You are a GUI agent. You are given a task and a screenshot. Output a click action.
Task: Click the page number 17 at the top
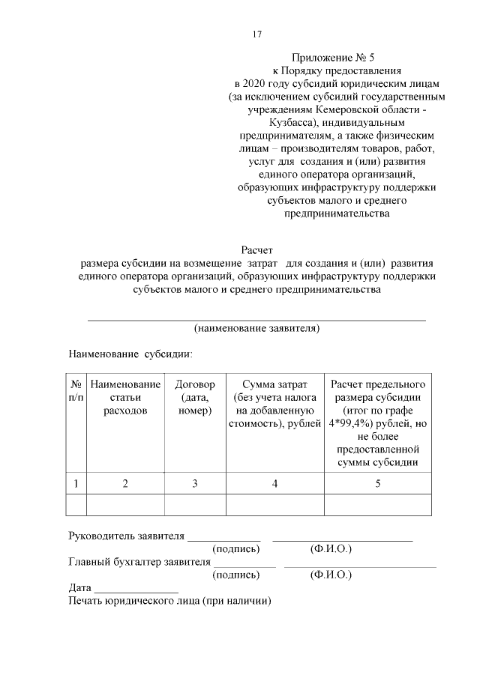tap(256, 34)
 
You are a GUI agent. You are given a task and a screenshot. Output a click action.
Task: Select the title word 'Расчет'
tap(257, 249)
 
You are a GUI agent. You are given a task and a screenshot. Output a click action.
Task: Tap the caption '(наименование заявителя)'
tap(257, 328)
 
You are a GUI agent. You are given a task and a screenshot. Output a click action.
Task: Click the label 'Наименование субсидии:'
tap(131, 352)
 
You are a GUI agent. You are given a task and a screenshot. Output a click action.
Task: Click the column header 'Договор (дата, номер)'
tap(194, 398)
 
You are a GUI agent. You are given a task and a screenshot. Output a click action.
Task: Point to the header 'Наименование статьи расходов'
tap(125, 398)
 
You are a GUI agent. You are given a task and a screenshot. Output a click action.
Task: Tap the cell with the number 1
tap(76, 484)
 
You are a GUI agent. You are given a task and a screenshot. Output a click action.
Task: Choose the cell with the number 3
tap(194, 484)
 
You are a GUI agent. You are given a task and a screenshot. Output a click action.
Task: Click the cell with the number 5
tap(378, 484)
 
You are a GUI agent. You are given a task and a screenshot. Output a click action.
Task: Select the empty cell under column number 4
tap(274, 505)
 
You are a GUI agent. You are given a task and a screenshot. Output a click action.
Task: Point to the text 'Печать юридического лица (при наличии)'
tap(169, 601)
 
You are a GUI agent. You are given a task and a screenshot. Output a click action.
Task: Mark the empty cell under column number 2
tap(125, 505)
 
